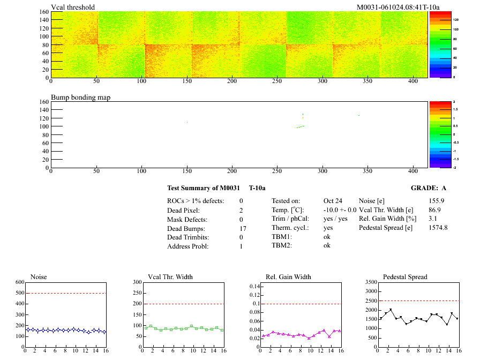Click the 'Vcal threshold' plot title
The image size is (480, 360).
point(73,7)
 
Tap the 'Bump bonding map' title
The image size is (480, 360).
point(80,97)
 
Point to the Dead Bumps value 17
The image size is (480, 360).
point(243,229)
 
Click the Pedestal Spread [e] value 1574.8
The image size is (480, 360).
point(438,228)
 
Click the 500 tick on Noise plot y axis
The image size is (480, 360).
point(20,293)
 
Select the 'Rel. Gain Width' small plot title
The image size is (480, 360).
point(288,277)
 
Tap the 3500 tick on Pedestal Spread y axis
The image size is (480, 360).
point(370,282)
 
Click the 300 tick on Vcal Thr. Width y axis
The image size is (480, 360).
point(137,282)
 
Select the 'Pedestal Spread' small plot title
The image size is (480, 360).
point(405,277)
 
